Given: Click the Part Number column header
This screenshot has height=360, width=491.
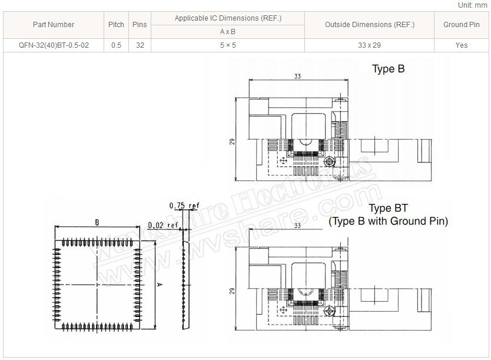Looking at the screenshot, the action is click(x=54, y=25).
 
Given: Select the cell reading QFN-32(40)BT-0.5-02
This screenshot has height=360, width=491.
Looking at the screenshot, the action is click(x=54, y=45).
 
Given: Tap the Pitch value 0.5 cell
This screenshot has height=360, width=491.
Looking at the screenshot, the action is click(x=116, y=45).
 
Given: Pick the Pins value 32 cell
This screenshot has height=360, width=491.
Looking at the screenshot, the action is click(x=140, y=45).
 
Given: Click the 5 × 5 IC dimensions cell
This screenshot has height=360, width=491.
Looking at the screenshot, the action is click(x=228, y=45).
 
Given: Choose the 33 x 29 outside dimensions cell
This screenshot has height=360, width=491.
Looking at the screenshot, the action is click(x=370, y=45).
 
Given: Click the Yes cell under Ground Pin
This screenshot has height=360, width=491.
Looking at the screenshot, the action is click(x=462, y=45).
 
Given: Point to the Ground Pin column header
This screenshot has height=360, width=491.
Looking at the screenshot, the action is click(x=462, y=25).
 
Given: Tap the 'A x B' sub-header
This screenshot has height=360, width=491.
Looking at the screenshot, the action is click(x=228, y=32).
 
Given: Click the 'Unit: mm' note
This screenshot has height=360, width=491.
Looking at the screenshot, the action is click(x=473, y=5).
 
